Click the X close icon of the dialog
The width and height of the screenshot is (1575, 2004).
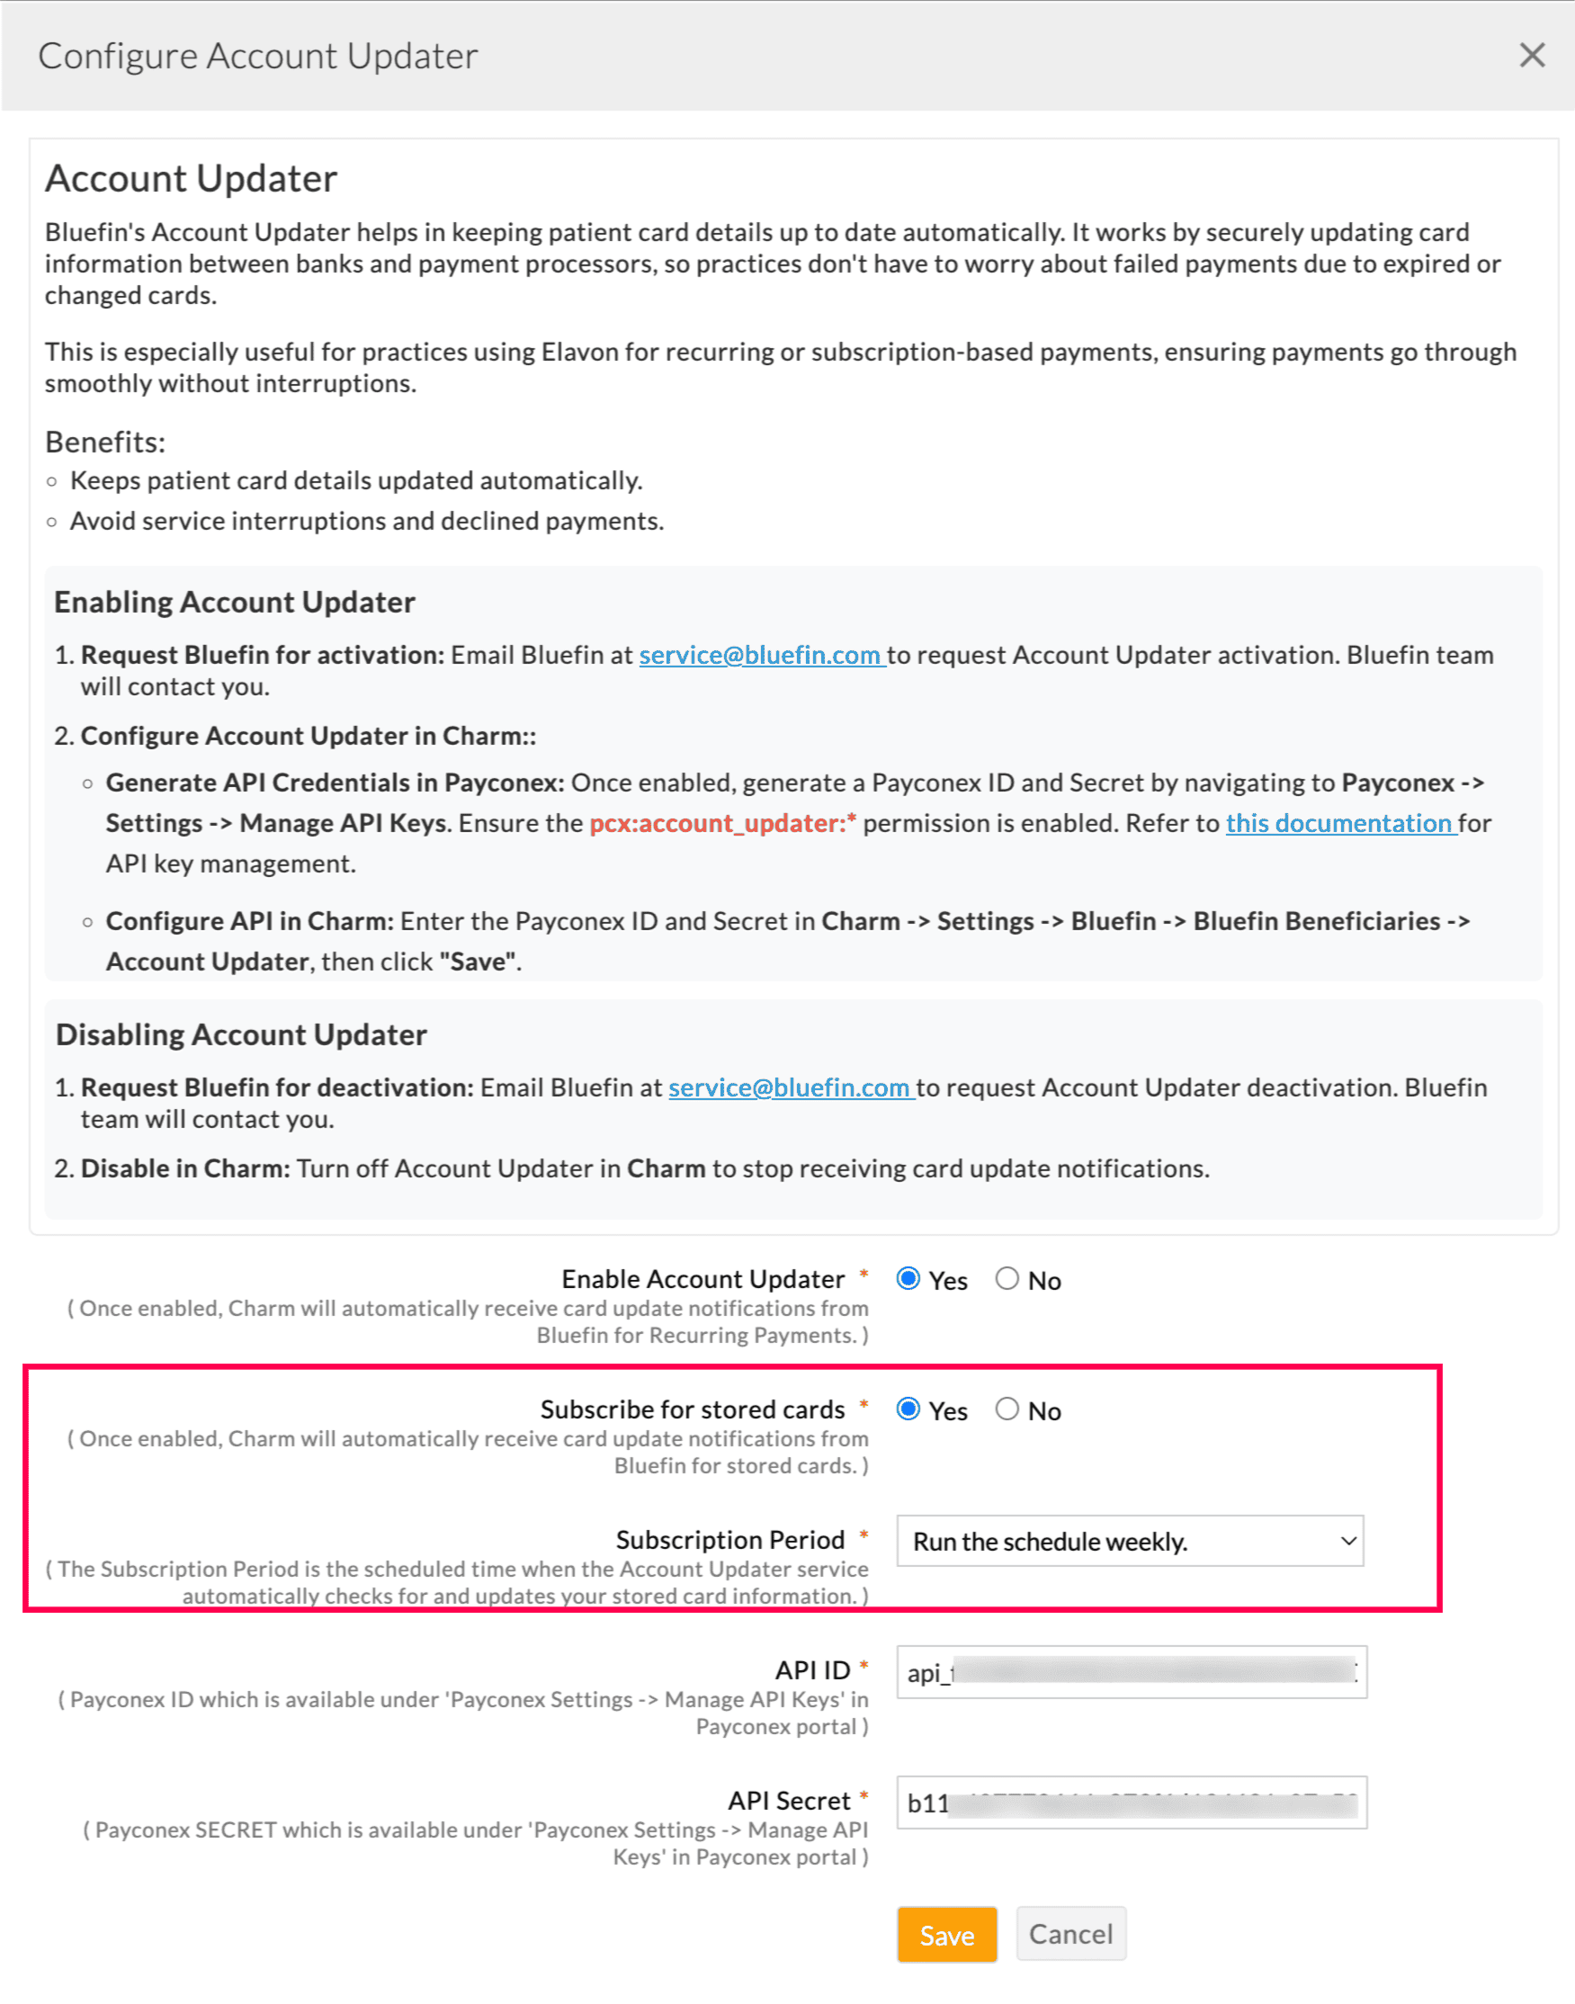point(1532,56)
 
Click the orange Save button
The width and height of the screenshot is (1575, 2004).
point(946,1934)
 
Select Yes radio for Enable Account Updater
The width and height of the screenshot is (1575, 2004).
point(908,1278)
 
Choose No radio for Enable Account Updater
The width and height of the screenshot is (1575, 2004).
point(1007,1278)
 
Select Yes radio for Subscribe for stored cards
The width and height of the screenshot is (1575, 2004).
point(908,1409)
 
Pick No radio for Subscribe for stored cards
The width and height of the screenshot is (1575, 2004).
point(1007,1409)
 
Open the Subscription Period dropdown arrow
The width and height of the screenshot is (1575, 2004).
point(1348,1540)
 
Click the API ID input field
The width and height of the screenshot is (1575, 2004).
point(1131,1671)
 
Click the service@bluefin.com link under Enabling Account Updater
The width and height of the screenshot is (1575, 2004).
point(760,655)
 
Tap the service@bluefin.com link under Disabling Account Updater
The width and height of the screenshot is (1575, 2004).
point(790,1087)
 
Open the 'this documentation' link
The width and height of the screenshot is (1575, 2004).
point(1339,823)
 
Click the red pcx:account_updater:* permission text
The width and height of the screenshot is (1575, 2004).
point(722,823)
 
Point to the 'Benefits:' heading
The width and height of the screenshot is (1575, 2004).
point(105,442)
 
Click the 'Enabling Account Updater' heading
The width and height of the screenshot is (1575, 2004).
point(234,602)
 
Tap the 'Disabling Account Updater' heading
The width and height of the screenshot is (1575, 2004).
point(241,1033)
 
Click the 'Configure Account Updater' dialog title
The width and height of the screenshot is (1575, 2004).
point(258,56)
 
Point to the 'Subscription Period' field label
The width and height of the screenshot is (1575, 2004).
point(729,1539)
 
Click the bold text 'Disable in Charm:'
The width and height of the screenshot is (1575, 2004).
point(185,1168)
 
